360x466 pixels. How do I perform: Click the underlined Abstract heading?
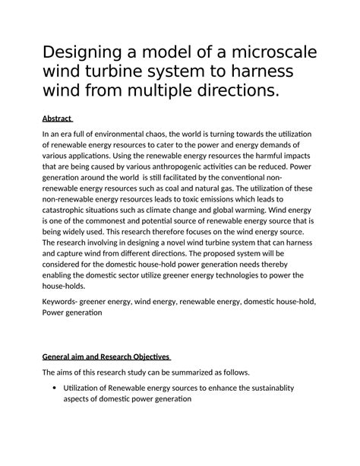pos(57,119)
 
